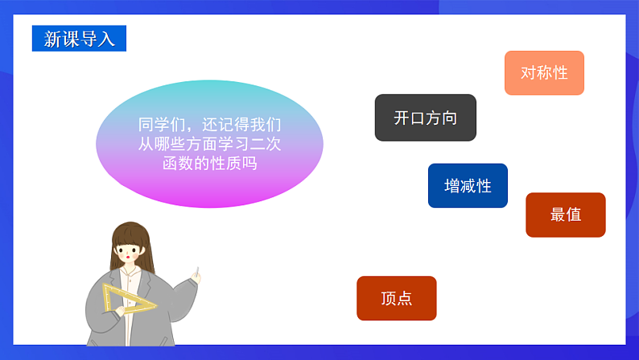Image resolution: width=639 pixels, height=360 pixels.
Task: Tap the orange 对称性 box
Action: click(544, 73)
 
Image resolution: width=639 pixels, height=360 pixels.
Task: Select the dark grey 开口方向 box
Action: click(425, 118)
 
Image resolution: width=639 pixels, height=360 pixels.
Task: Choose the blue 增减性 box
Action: click(468, 186)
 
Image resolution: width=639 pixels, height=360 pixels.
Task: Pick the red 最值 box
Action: click(565, 215)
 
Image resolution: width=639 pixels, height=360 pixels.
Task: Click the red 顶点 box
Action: click(396, 298)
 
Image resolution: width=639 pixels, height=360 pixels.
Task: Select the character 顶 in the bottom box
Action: click(388, 298)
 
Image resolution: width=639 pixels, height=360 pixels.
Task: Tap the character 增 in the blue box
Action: click(452, 186)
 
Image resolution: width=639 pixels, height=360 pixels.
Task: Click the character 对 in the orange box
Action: click(529, 73)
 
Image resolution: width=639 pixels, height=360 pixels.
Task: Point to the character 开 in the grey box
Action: click(402, 118)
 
